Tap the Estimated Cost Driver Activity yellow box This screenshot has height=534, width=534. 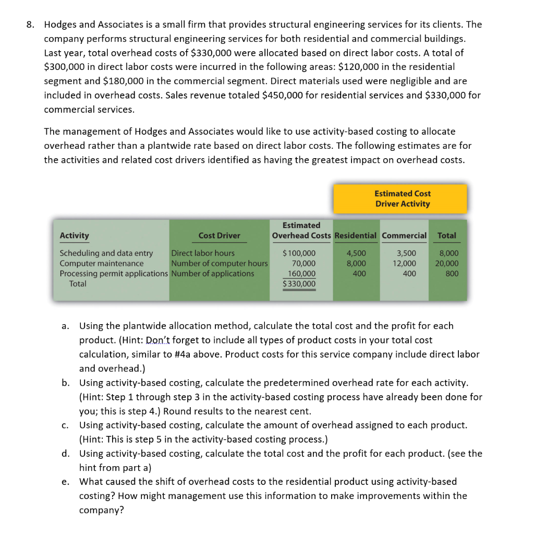coord(402,198)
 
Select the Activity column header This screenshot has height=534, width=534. coord(75,235)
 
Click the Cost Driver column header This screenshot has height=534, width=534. coord(219,235)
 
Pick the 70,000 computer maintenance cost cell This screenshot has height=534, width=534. coord(304,263)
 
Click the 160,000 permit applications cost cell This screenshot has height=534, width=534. coord(302,274)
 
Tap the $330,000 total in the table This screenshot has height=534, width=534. coord(299,284)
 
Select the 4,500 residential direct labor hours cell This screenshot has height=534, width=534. coord(356,253)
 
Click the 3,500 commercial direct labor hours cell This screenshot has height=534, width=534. coord(407,253)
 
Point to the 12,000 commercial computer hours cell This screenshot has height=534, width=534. coord(405,263)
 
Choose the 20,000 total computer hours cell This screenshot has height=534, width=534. coord(447,263)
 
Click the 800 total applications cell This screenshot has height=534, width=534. coord(452,274)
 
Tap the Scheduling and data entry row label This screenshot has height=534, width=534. coord(106,253)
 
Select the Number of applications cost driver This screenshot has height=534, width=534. coord(213,274)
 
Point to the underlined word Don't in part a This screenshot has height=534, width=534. coord(157,340)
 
